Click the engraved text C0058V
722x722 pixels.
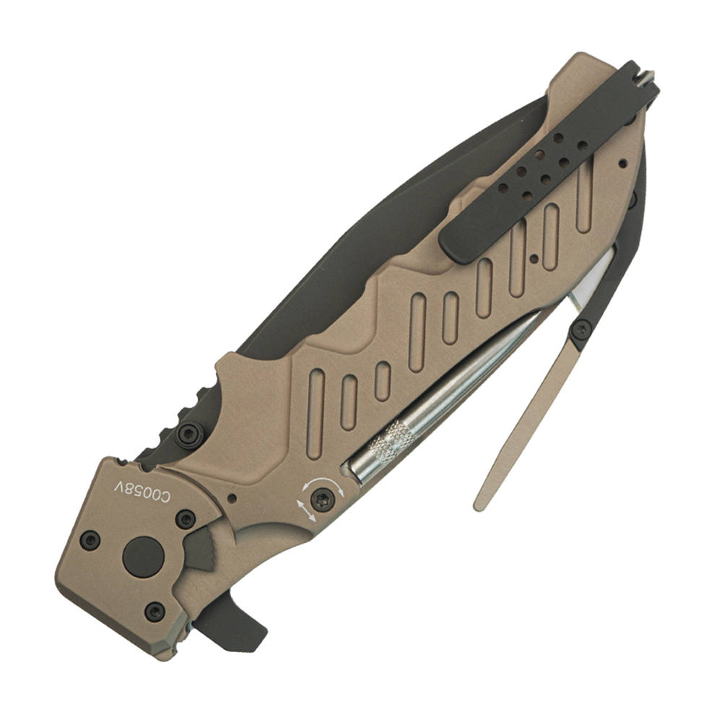pos(142,491)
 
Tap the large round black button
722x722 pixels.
pos(143,557)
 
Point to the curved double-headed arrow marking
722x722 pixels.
pos(323,485)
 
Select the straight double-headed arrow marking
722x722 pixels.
pos(306,510)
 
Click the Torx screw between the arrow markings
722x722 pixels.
pos(321,501)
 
